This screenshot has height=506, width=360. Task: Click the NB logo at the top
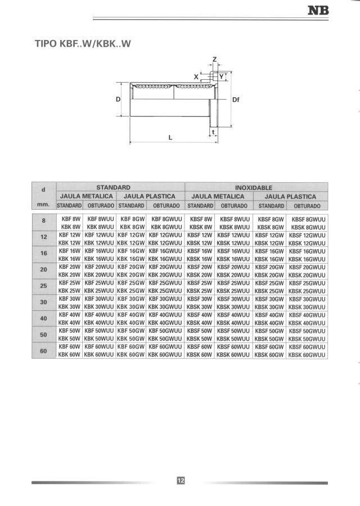[319, 10]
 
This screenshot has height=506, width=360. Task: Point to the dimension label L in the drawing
[170, 137]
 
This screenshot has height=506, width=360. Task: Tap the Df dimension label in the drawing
[236, 100]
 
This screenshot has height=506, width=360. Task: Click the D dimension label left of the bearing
[118, 100]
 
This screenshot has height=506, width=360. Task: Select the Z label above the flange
[214, 60]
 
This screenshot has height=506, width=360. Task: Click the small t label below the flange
[213, 132]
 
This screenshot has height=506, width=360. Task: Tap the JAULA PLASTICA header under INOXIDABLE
[290, 196]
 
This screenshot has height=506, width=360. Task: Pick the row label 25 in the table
[44, 286]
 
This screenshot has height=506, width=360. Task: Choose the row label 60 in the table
[44, 351]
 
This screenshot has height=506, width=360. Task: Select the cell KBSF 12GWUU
[307, 235]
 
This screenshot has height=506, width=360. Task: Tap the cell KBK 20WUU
[99, 275]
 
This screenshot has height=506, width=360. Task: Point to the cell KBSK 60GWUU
[307, 355]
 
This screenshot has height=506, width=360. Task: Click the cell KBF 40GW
[132, 315]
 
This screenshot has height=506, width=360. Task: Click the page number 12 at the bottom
[180, 481]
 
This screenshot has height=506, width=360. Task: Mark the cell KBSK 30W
[200, 307]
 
